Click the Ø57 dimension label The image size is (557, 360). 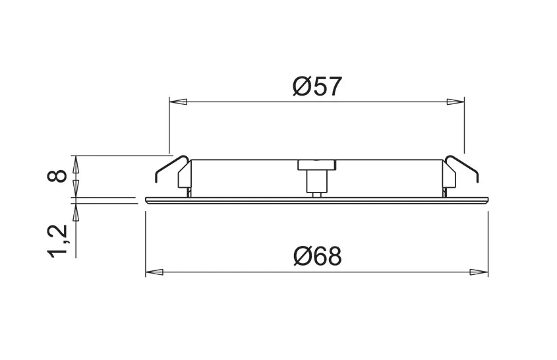(317, 86)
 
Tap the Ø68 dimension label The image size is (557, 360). (317, 256)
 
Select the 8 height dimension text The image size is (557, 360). (58, 176)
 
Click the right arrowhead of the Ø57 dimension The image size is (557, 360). (455, 102)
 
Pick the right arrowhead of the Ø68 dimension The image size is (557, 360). (479, 272)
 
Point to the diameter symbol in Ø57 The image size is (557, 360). (299, 86)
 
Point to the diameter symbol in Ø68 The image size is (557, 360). (299, 256)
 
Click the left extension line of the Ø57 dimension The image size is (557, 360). (169, 125)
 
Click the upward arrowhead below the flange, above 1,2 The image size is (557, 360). (75, 211)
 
